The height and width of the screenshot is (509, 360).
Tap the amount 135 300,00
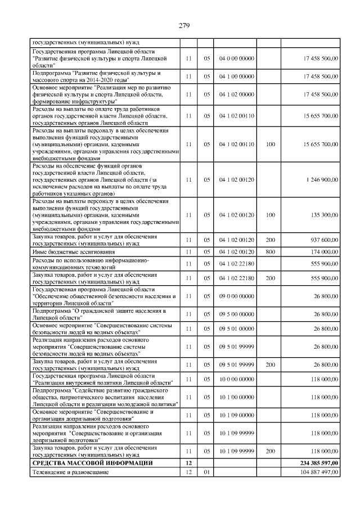[x=322, y=214]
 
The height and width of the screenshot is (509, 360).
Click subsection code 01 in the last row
[x=206, y=472]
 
